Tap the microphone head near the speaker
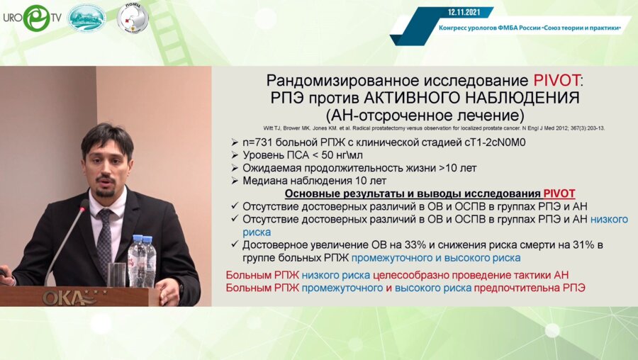click(84, 206)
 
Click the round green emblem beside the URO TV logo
click(86, 18)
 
